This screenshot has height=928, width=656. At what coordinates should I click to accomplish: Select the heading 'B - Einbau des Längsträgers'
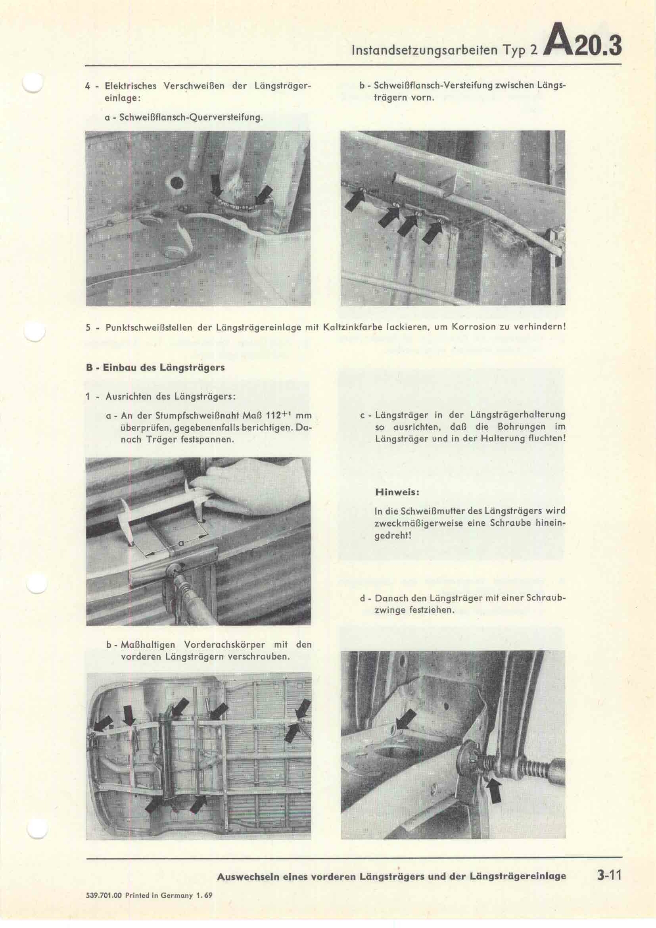coord(155,367)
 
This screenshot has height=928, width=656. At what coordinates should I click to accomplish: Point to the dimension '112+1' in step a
coord(277,415)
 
